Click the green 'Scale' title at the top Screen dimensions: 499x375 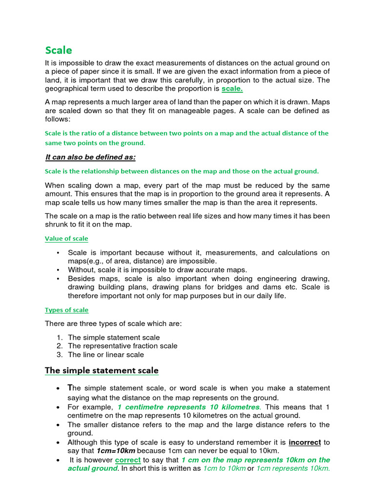[x=59, y=50]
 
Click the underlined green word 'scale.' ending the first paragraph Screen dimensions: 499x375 [x=232, y=89]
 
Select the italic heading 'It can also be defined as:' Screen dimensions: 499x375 [x=90, y=157]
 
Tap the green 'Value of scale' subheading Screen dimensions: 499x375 [x=66, y=238]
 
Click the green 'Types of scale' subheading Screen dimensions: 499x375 [x=66, y=310]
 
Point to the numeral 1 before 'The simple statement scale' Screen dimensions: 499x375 [x=59, y=337]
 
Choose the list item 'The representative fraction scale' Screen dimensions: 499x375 [x=123, y=346]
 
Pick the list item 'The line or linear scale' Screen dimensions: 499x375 [x=106, y=355]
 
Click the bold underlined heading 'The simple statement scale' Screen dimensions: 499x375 [x=102, y=370]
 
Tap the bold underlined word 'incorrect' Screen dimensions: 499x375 [x=305, y=442]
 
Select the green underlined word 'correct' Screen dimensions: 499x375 [x=128, y=460]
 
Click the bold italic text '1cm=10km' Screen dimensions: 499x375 [x=116, y=451]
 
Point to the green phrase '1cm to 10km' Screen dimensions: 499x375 [x=224, y=469]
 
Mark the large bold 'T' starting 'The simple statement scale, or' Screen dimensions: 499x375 [x=69, y=388]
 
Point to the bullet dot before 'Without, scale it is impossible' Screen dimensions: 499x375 [x=58, y=270]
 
